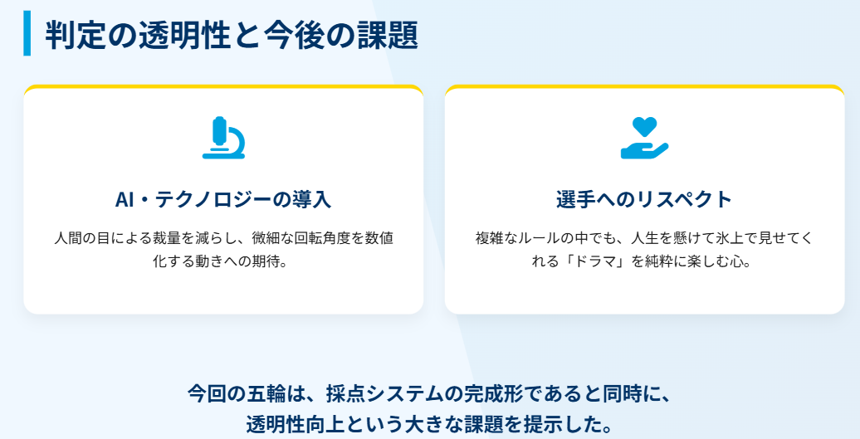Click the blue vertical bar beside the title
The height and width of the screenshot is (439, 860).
(x=27, y=33)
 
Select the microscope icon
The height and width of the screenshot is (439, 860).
(x=223, y=138)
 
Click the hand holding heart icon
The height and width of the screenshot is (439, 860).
(x=644, y=139)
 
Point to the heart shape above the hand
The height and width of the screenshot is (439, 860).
(x=644, y=126)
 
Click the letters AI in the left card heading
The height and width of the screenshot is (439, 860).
(x=125, y=200)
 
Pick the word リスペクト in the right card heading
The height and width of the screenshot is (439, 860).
(x=685, y=200)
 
